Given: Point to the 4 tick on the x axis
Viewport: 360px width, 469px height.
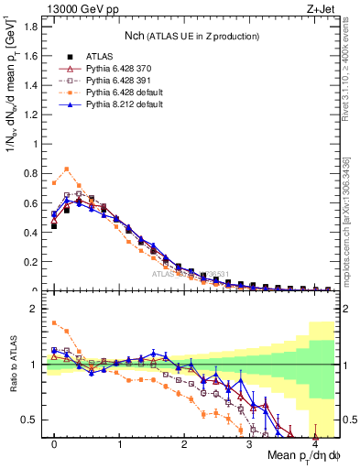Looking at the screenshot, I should (315, 444).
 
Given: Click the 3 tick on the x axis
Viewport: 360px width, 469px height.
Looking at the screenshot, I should (250, 444).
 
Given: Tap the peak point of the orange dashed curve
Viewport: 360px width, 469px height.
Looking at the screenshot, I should (67, 169).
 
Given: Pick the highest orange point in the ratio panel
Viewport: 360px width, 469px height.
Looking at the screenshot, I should (54, 322).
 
